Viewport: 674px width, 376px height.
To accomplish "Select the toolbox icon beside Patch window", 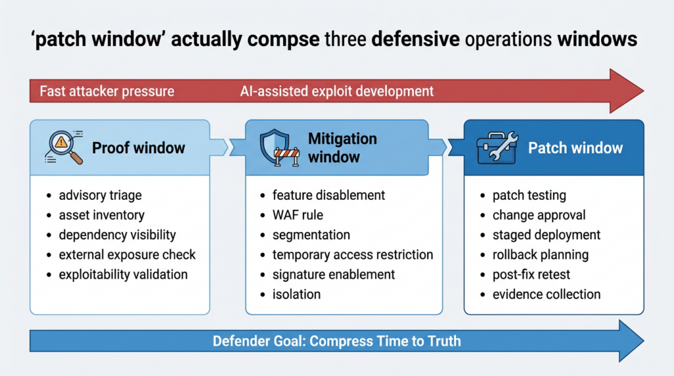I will (496, 148).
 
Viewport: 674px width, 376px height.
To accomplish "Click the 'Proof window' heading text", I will (139, 148).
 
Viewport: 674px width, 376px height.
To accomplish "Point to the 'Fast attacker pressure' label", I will (107, 91).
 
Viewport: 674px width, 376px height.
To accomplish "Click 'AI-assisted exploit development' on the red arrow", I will (337, 91).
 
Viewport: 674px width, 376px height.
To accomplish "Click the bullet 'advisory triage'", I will (100, 195).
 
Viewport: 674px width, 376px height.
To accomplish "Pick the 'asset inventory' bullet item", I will (101, 215).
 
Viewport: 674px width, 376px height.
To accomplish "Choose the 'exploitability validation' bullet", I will (123, 274).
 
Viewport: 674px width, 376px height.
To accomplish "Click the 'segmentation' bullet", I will (311, 235).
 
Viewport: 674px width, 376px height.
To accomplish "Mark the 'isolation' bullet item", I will (296, 294).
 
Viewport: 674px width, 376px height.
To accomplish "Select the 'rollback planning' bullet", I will (540, 254).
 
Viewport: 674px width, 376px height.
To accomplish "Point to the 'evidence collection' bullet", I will (546, 294).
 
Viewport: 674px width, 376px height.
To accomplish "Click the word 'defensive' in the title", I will (415, 39).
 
